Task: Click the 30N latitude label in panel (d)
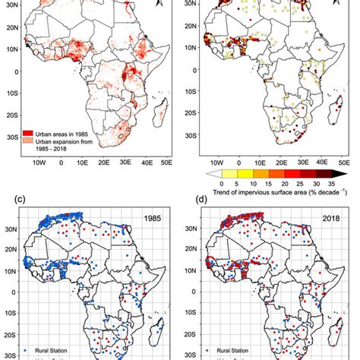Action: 192,226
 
